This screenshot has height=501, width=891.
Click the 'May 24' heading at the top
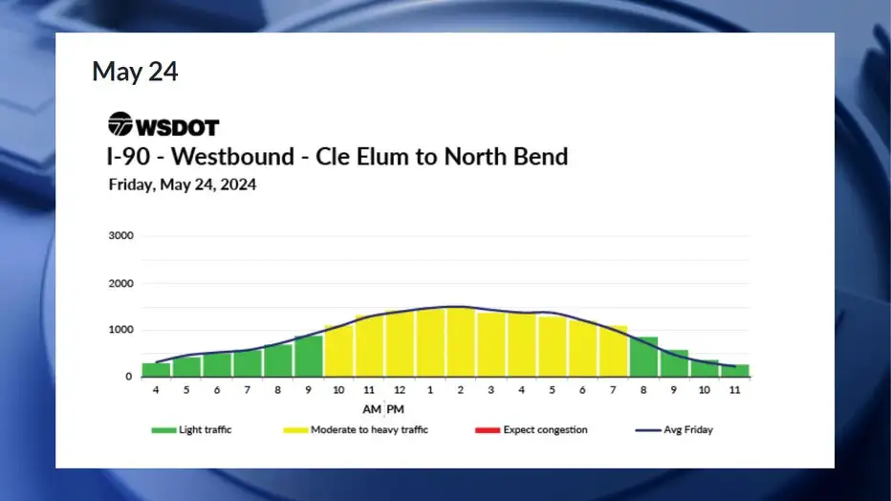click(x=135, y=72)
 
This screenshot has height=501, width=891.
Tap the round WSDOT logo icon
click(x=120, y=124)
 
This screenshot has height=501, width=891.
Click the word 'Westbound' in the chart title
click(x=232, y=157)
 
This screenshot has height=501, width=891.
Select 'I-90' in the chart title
click(x=128, y=157)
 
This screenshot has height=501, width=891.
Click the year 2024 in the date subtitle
click(x=238, y=185)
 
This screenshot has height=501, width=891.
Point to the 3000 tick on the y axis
click(x=121, y=236)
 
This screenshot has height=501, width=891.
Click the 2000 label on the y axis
click(x=121, y=283)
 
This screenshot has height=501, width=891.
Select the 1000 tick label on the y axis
click(x=121, y=330)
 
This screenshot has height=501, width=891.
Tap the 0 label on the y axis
click(x=128, y=377)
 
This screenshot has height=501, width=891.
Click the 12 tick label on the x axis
click(x=400, y=390)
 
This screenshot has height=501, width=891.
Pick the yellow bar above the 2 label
click(x=460, y=342)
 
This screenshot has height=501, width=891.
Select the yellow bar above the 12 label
click(x=400, y=343)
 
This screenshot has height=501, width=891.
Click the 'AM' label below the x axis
click(x=372, y=409)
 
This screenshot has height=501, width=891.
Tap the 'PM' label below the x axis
click(x=396, y=409)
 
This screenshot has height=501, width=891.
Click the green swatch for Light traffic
click(x=163, y=430)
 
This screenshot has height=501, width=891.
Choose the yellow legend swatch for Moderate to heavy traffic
click(x=295, y=430)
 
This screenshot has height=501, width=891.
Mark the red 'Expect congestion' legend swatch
click(x=488, y=430)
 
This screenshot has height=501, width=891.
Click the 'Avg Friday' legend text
click(x=688, y=430)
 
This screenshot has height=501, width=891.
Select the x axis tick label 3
click(x=491, y=390)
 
